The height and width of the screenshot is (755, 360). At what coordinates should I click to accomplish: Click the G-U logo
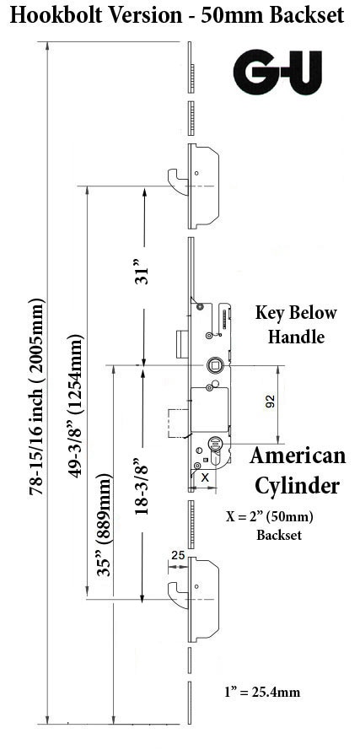(x=277, y=72)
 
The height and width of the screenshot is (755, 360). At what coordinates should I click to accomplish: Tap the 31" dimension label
(x=142, y=272)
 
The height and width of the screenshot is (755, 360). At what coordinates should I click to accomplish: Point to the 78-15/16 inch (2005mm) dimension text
(x=37, y=397)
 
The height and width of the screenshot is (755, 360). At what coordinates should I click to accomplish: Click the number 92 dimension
(x=270, y=402)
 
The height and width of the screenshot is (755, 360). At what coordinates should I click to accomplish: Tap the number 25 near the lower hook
(x=178, y=555)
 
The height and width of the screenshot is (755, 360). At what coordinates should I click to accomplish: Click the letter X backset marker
(x=205, y=477)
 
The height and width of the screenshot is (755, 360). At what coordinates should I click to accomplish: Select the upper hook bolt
(x=178, y=181)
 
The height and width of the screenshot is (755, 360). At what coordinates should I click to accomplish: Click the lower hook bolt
(x=178, y=595)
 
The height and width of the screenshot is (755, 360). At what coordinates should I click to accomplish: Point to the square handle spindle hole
(x=215, y=366)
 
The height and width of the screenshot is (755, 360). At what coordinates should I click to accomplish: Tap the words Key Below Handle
(x=296, y=325)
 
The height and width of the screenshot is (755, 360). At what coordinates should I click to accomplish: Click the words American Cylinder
(x=298, y=471)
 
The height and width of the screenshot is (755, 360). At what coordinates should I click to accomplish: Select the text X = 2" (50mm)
(x=270, y=517)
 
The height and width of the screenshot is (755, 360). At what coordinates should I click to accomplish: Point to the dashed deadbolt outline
(x=177, y=423)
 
